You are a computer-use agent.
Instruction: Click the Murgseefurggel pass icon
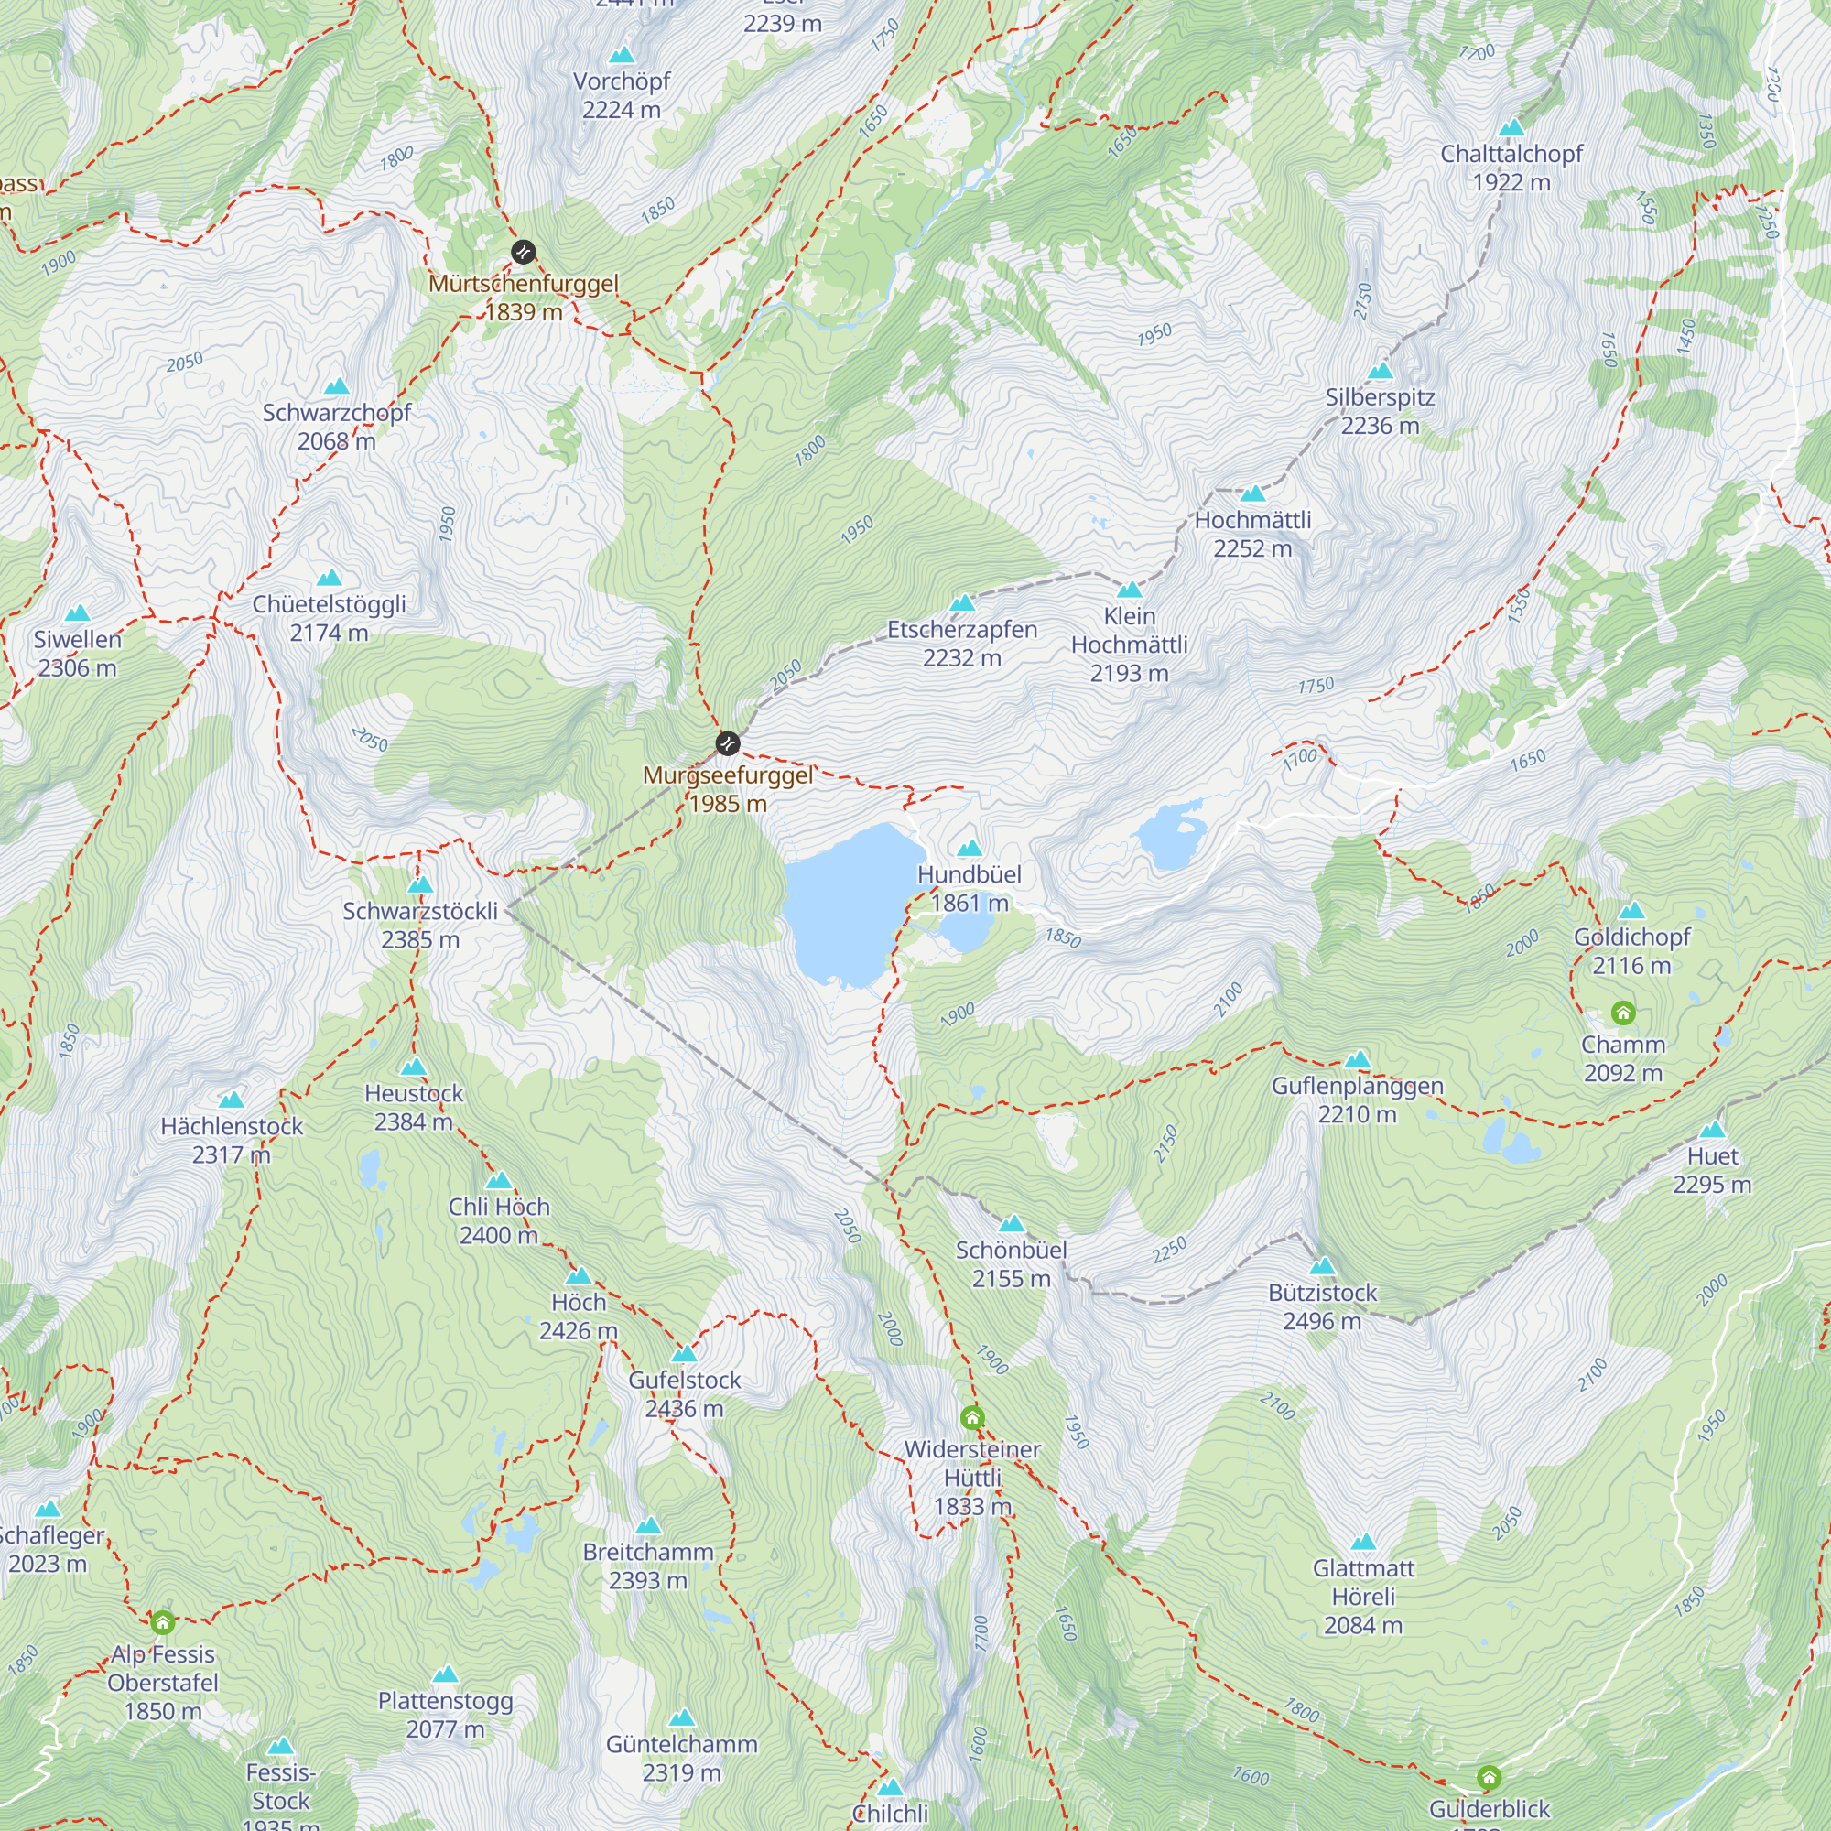pos(727,743)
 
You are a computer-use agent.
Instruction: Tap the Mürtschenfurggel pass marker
pos(523,252)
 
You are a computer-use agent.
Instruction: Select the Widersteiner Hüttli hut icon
pos(972,1418)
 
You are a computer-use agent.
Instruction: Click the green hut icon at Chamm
pos(1622,1013)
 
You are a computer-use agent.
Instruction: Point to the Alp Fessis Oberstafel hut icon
pos(163,1622)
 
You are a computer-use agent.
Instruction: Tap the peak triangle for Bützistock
pos(1322,1266)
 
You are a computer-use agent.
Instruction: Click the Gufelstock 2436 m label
pos(684,1394)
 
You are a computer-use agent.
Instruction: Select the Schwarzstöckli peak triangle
pos(420,885)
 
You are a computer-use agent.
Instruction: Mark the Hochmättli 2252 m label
pos(1253,534)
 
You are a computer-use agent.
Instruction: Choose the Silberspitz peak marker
pos(1381,371)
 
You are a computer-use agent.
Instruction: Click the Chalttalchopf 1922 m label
pos(1511,168)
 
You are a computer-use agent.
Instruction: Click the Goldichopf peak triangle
pos(1631,912)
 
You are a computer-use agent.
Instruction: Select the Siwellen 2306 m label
pos(78,653)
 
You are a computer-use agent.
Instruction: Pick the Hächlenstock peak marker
pos(232,1100)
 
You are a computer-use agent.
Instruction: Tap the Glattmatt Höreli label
pos(1363,1596)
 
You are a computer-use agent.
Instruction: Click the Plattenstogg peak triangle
pos(446,1674)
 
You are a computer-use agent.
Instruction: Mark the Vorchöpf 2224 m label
pos(622,96)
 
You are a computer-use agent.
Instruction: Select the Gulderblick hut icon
pos(1489,1776)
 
